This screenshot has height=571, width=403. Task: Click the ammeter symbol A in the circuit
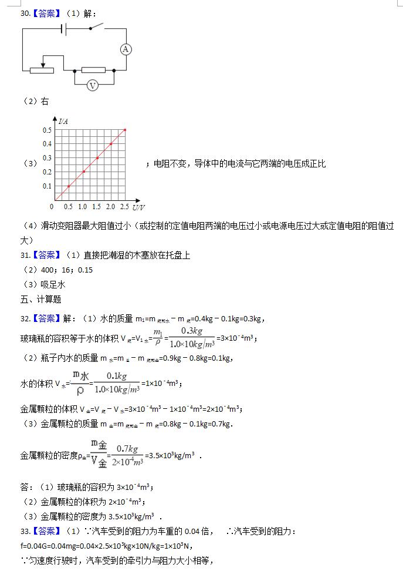[x=125, y=49]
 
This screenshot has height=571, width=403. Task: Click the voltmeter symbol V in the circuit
[x=92, y=86]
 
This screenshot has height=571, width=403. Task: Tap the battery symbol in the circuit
[x=64, y=29]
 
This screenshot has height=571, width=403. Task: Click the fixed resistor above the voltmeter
[x=93, y=70]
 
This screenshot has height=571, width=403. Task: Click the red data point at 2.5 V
[x=125, y=129]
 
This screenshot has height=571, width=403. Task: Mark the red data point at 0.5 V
[x=69, y=186]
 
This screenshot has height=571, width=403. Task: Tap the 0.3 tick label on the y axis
[x=46, y=157]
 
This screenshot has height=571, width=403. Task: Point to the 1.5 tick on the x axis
[x=97, y=207]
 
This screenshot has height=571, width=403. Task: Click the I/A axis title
[x=63, y=122]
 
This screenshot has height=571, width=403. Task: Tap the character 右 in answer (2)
[x=45, y=102]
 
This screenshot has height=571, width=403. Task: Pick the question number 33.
[x=25, y=531]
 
